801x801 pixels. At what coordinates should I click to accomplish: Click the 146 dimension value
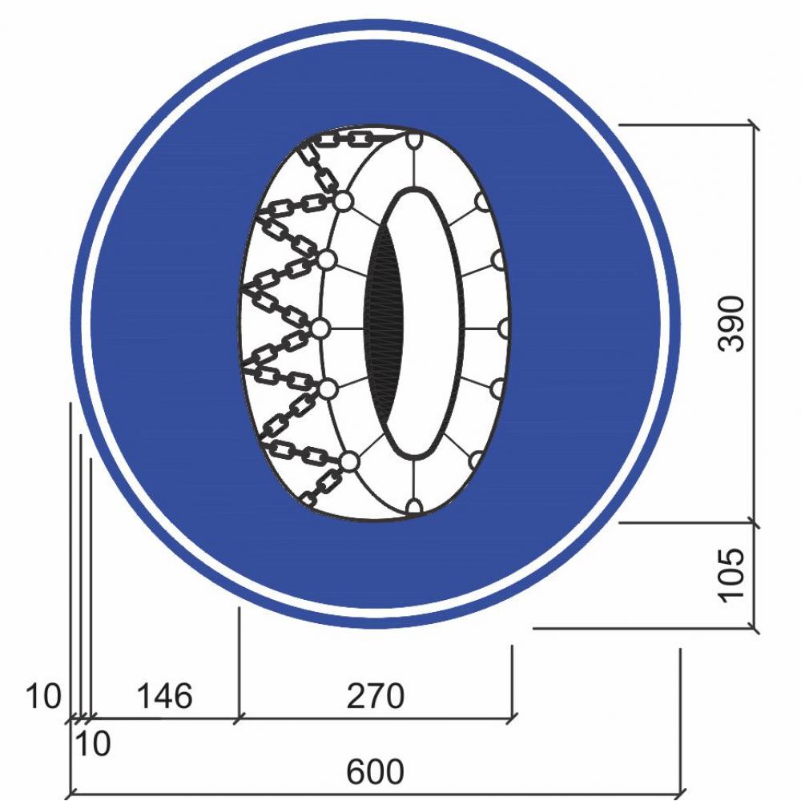coord(163,696)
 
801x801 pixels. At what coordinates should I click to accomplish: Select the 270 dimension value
coord(375,696)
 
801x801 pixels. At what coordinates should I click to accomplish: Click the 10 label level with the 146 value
coord(43,696)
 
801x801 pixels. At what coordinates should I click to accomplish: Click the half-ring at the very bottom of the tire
coord(414,506)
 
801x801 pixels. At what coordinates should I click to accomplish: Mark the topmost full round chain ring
coord(344,201)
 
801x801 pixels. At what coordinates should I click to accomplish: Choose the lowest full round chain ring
coord(349,461)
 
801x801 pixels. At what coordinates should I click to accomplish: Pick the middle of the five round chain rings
coord(321,328)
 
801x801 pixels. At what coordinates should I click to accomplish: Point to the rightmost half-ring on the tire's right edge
coord(505,328)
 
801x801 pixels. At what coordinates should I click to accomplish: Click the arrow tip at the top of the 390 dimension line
coord(754,125)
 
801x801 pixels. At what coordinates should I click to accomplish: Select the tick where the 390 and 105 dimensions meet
coord(754,522)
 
